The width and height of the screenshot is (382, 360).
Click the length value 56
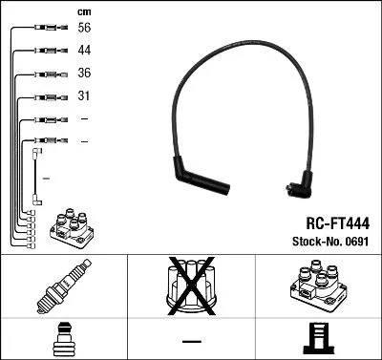[x=85, y=30]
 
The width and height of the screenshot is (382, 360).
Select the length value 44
[x=85, y=52]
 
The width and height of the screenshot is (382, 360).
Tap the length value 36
[x=85, y=74]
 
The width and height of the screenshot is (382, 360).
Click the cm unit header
[x=84, y=11]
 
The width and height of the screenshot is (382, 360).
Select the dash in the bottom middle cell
[x=190, y=340]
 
